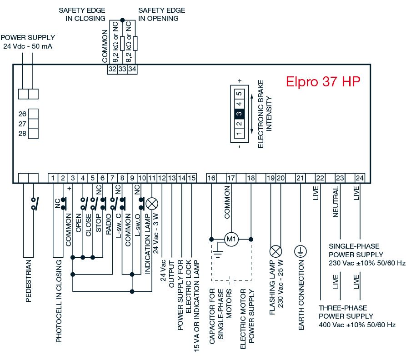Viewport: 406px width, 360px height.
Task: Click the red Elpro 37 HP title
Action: [323, 82]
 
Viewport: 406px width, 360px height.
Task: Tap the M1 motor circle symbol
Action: [232, 239]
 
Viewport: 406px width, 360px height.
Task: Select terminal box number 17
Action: [231, 178]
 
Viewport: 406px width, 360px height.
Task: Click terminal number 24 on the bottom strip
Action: [360, 178]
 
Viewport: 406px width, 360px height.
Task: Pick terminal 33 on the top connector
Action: [122, 69]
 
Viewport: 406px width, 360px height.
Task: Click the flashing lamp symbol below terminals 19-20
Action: [276, 251]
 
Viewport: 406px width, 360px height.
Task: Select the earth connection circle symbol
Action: [301, 251]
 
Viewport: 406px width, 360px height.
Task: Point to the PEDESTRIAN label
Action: [29, 280]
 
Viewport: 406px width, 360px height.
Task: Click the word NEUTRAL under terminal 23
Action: [336, 202]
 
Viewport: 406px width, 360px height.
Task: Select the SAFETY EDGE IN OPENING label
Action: [161, 15]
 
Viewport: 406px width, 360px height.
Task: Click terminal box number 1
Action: [53, 178]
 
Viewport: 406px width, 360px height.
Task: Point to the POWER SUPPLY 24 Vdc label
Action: [28, 42]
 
